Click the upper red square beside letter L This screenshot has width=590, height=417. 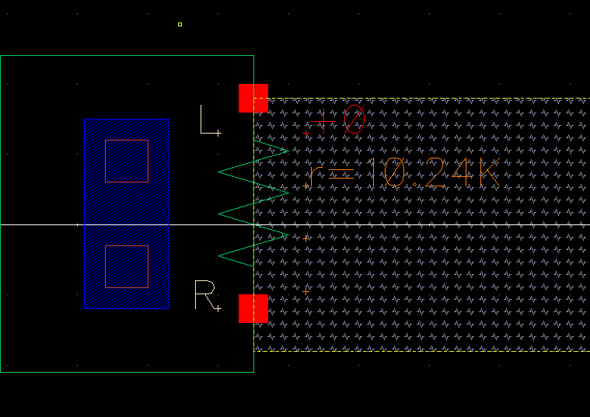tap(253, 98)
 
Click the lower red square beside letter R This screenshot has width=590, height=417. tap(253, 308)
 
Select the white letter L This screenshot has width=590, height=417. tap(207, 120)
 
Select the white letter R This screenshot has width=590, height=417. tap(204, 295)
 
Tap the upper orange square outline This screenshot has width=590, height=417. tap(127, 161)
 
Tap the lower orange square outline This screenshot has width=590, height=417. tap(127, 266)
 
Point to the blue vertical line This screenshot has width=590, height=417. tap(84, 214)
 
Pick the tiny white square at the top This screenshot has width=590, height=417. tap(180, 25)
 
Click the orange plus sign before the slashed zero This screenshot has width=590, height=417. tap(323, 121)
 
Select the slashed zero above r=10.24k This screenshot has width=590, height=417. tap(354, 120)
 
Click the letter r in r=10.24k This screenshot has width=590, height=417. tap(314, 175)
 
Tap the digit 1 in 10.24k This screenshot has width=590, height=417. tap(373, 172)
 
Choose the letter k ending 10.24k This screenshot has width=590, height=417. tap(487, 172)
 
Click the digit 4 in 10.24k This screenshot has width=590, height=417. tap(460, 172)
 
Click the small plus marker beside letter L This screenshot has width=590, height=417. tap(219, 134)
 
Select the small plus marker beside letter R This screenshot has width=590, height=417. tap(219, 309)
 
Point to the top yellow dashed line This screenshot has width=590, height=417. tap(420, 99)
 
